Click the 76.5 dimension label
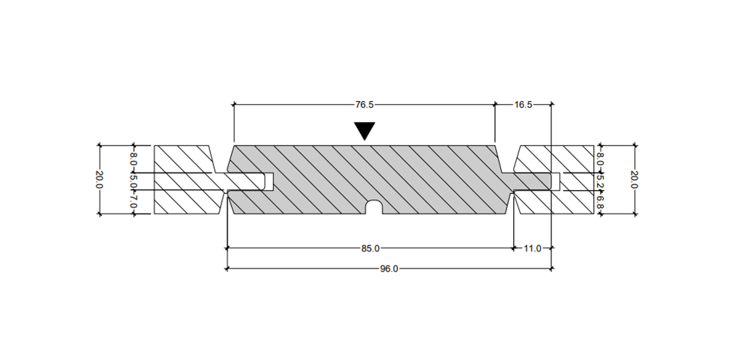point(364,105)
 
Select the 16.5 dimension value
point(523,105)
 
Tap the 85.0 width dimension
point(371,248)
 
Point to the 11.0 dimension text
point(532,248)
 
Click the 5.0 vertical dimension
point(134,181)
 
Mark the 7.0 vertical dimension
point(134,201)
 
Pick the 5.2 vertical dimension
point(600,180)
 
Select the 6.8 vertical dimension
point(600,201)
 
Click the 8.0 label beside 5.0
point(134,159)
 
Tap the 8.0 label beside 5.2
point(600,159)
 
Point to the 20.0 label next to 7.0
point(99,179)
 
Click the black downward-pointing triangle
point(364,131)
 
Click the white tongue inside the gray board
point(247,181)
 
